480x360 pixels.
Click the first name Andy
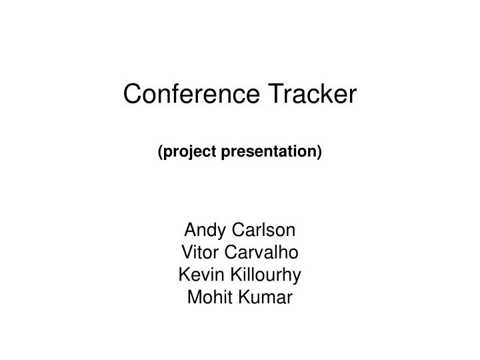(203, 231)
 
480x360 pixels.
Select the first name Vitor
(197, 253)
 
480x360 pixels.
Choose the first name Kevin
(197, 275)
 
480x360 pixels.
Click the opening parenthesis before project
(160, 153)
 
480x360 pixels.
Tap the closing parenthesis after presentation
(319, 153)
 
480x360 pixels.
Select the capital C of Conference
(131, 95)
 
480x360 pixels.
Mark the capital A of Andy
(190, 231)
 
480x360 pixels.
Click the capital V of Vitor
(186, 253)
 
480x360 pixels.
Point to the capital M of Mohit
(194, 297)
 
